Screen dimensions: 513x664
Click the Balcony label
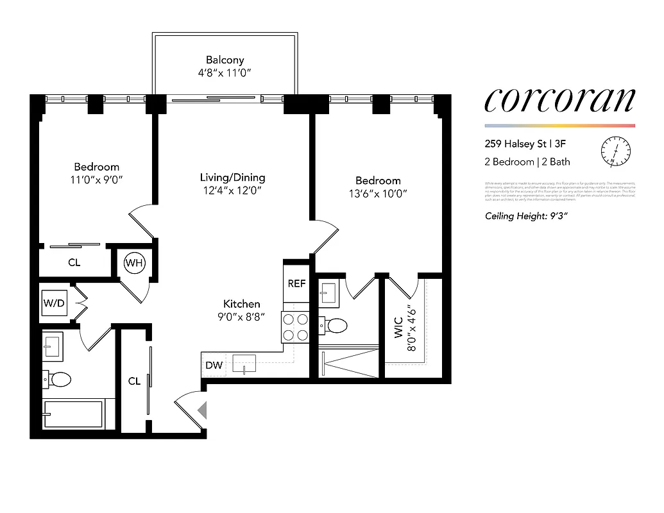click(225, 60)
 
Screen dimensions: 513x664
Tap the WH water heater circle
click(134, 262)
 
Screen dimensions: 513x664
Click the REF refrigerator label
click(296, 283)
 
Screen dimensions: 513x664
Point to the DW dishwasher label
click(214, 366)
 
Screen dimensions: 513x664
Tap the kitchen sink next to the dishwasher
click(244, 364)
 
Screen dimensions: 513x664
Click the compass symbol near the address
click(614, 151)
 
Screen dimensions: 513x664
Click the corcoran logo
click(559, 100)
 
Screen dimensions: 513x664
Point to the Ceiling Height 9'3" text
click(527, 216)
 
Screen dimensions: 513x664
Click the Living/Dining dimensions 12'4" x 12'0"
click(232, 190)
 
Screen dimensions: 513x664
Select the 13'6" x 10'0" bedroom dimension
click(379, 193)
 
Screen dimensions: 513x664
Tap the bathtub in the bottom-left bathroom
click(73, 414)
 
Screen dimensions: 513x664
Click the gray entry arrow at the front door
click(203, 410)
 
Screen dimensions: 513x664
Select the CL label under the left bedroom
click(74, 262)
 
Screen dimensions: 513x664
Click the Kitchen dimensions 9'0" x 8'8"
click(241, 316)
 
